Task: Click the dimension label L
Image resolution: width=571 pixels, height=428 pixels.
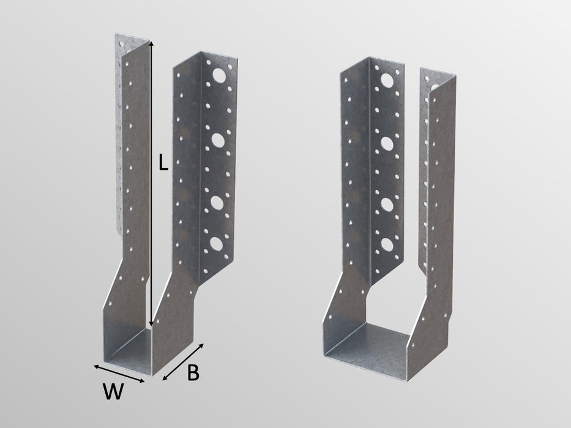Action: [x=162, y=164]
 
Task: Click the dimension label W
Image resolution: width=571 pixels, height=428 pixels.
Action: [x=110, y=392]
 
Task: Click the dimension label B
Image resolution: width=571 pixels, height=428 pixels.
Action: [x=192, y=374]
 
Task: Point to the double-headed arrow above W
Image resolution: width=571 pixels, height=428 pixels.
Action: [x=119, y=373]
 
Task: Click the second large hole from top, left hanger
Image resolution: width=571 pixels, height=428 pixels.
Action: [x=218, y=141]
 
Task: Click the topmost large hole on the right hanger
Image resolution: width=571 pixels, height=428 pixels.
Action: [x=387, y=79]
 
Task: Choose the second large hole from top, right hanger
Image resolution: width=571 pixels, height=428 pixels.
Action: [x=387, y=144]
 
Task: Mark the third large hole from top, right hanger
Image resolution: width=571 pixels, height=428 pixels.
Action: [x=387, y=202]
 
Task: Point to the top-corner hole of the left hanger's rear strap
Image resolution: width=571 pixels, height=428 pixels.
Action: [x=121, y=43]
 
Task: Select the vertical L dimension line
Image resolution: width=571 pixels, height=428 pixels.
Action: [x=151, y=183]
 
